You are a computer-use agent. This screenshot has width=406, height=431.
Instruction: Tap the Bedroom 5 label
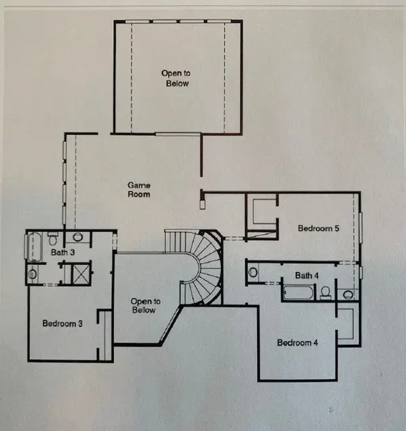point(318,228)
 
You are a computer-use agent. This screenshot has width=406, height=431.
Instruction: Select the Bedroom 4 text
point(298,343)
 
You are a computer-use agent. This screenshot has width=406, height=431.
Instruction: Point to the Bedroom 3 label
point(63,323)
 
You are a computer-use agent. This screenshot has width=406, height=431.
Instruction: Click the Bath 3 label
point(62,253)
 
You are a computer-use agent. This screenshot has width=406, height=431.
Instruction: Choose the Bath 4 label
point(306,275)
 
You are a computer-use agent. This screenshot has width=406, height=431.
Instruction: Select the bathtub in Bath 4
point(298,293)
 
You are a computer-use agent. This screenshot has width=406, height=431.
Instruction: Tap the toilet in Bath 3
point(78,238)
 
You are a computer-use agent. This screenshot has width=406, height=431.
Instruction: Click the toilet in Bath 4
point(325,292)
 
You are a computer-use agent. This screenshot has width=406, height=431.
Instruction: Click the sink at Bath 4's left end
point(252,273)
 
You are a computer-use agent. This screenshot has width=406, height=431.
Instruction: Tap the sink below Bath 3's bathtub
point(32,273)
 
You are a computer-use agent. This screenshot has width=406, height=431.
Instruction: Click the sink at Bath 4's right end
point(348,294)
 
